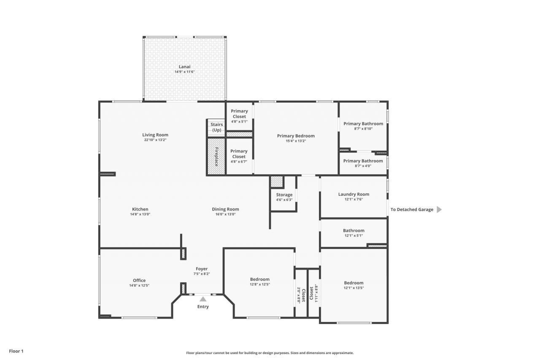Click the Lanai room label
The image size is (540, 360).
184,67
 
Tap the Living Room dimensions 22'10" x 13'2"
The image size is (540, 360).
155,140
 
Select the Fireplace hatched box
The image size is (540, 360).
216,157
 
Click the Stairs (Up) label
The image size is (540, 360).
216,127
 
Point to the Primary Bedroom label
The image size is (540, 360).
296,136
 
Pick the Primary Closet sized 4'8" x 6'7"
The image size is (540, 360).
239,154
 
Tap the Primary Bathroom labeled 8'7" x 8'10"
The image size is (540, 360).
363,124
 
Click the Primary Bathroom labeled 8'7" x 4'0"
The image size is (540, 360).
363,161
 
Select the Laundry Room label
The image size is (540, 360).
354,195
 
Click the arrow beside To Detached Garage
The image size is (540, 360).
439,209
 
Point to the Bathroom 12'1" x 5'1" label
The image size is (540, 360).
354,231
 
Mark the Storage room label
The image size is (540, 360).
284,195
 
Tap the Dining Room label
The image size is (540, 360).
225,209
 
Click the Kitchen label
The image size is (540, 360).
140,209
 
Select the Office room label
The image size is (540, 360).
139,281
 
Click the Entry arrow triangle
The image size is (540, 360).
203,299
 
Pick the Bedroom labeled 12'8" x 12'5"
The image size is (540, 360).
259,279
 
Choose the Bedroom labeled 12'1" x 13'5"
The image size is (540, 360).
354,283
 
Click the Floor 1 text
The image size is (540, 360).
16,351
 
